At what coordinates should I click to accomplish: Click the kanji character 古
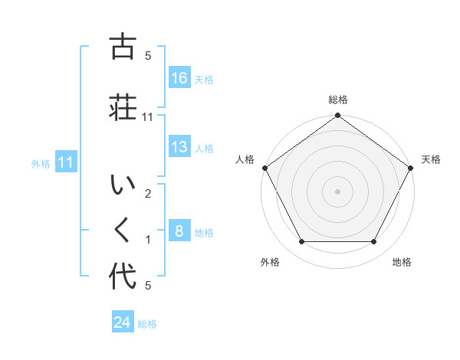tap(123, 48)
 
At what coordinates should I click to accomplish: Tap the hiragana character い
tap(123, 186)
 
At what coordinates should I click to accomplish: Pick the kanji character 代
tap(123, 277)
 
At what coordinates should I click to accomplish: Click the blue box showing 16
tap(179, 78)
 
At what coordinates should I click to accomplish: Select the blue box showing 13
tap(179, 148)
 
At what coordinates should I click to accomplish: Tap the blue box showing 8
tap(179, 231)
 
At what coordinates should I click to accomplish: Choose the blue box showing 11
tap(66, 162)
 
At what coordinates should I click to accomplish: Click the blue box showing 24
tap(123, 322)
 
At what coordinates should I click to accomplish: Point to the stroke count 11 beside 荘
tap(148, 117)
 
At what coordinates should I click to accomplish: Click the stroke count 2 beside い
tap(148, 194)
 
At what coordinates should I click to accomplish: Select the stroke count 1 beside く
tap(148, 240)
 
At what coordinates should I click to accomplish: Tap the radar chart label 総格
tap(338, 100)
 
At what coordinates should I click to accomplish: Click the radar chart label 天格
tap(432, 159)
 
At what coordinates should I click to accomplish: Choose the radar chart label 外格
tap(270, 262)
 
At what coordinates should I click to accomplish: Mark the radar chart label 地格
tap(402, 262)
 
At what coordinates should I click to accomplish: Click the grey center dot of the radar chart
tap(338, 191)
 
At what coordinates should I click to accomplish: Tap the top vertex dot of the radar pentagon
tap(338, 116)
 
